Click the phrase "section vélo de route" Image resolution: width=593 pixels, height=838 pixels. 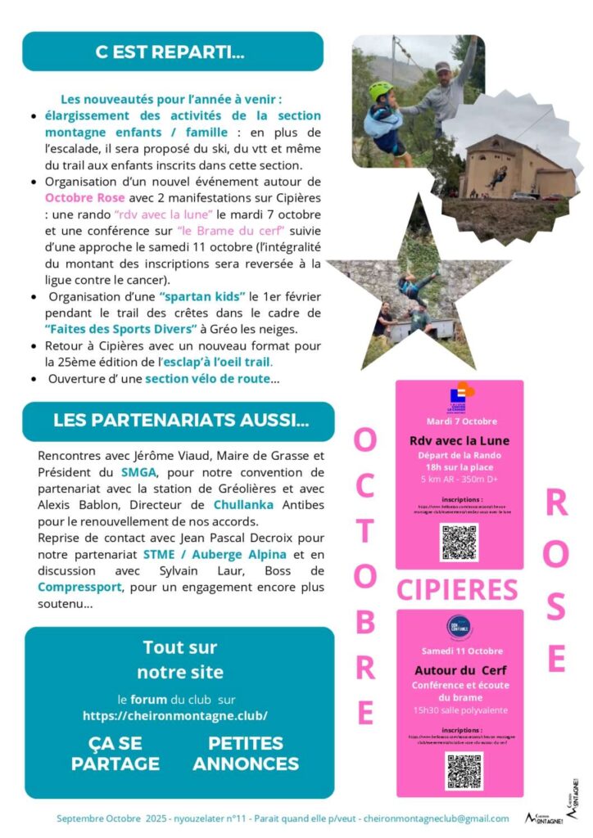point(207,379)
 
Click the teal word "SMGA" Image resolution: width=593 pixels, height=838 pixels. point(138,472)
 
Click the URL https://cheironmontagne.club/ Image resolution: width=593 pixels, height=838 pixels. point(175,714)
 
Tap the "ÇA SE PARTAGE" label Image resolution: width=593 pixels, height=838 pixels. point(115,754)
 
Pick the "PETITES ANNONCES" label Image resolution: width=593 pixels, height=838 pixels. point(246,754)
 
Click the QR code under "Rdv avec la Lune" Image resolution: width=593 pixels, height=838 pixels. point(459,542)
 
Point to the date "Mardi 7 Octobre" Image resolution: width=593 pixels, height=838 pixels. point(460,421)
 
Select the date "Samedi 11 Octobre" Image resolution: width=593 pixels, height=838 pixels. point(462,651)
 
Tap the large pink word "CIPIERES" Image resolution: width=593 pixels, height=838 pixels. point(457,589)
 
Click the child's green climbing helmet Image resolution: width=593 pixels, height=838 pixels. point(380,91)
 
